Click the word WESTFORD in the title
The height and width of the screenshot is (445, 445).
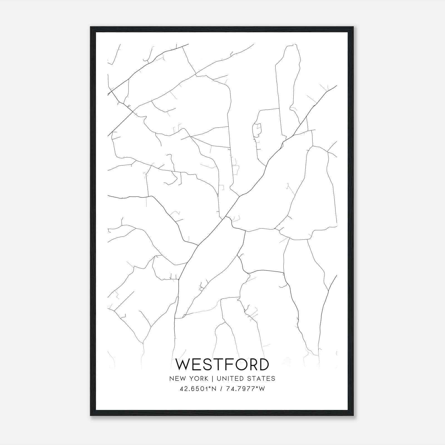[222, 364]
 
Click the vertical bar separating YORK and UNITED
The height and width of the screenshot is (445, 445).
[212, 379]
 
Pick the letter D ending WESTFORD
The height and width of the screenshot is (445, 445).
[264, 364]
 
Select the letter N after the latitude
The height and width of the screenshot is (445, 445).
[214, 389]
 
